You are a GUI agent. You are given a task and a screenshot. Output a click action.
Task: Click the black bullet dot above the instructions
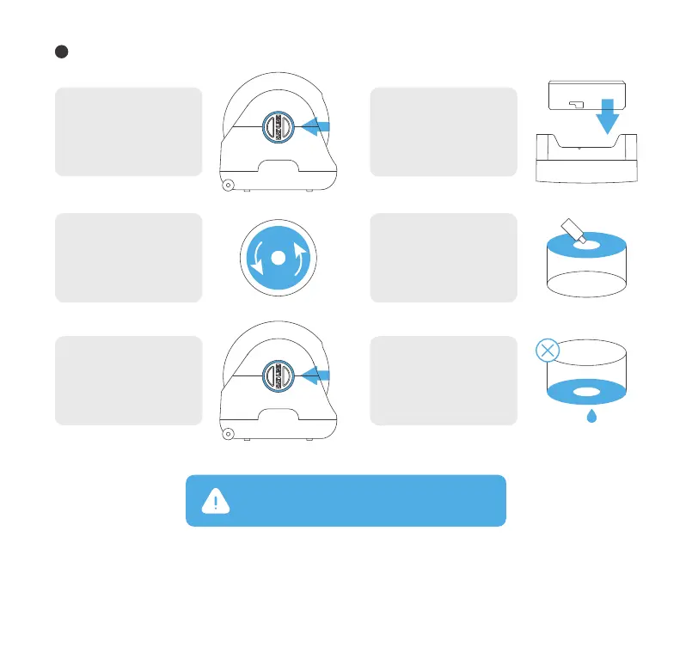(61, 51)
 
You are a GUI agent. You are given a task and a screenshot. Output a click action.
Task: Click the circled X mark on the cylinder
(548, 351)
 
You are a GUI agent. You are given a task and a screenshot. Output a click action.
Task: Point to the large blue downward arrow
(608, 117)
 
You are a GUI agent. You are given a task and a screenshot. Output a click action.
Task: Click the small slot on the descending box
(575, 106)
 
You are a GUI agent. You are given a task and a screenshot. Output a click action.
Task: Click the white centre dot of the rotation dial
(277, 258)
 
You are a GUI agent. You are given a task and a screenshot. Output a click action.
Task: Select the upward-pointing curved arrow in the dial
(300, 258)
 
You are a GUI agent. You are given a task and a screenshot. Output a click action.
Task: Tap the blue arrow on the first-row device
(317, 127)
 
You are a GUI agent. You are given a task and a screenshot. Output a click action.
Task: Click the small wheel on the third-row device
(229, 433)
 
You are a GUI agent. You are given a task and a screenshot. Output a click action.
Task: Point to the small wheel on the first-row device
(229, 185)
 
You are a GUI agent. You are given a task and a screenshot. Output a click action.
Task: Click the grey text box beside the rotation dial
(129, 258)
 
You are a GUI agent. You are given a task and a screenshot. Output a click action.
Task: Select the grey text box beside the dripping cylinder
(444, 381)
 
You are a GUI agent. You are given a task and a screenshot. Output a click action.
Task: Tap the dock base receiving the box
(587, 162)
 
